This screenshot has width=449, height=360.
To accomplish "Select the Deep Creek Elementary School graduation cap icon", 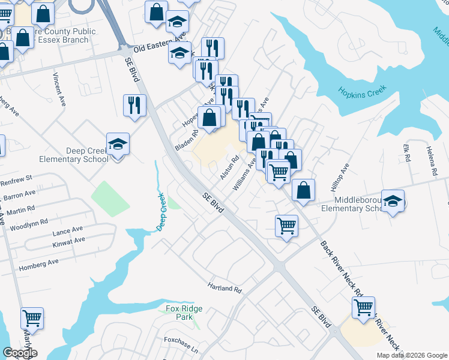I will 118,144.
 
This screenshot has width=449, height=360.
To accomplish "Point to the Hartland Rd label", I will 224,288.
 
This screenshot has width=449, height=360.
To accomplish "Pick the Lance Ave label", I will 68,230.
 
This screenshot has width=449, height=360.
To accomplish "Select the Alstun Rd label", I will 230,168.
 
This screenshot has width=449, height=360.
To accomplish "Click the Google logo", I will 20,353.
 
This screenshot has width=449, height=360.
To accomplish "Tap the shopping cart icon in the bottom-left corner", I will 32,319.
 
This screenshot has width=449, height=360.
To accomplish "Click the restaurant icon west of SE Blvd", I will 134,105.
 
